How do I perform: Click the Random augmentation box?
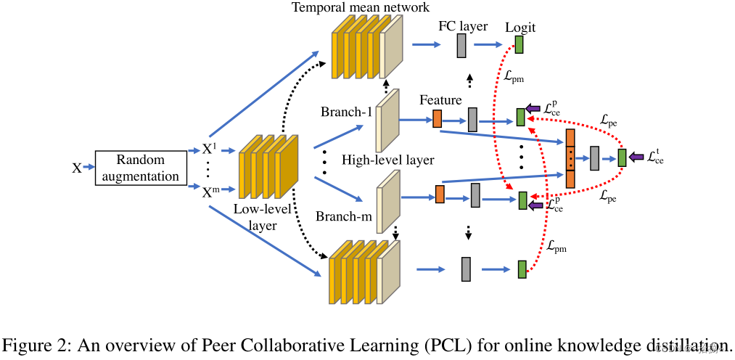pyautogui.click(x=140, y=168)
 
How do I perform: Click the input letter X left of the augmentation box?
pyautogui.click(x=76, y=168)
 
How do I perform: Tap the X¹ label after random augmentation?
pyautogui.click(x=208, y=150)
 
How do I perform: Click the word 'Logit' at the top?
pyautogui.click(x=521, y=28)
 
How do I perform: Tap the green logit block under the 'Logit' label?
pyautogui.click(x=520, y=45)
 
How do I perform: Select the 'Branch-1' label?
pyautogui.click(x=346, y=112)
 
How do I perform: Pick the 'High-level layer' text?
pyautogui.click(x=388, y=160)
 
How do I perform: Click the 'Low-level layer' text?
pyautogui.click(x=262, y=216)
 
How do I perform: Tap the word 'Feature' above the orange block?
pyautogui.click(x=440, y=99)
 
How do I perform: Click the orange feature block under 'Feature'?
pyautogui.click(x=438, y=118)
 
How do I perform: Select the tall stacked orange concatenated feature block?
pyautogui.click(x=570, y=157)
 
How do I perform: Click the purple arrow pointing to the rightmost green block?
pyautogui.click(x=636, y=157)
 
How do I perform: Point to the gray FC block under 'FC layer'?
pyautogui.click(x=461, y=46)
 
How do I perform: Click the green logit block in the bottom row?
pyautogui.click(x=522, y=269)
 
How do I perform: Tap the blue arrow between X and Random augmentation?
pyautogui.click(x=89, y=168)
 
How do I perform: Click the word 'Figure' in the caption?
pyautogui.click(x=29, y=343)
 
